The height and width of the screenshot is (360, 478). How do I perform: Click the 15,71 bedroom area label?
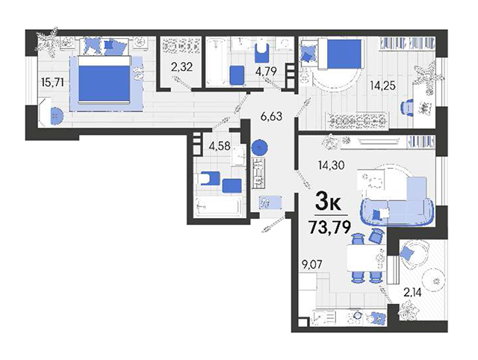pos(52,82)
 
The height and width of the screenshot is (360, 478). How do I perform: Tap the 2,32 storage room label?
pos(182,66)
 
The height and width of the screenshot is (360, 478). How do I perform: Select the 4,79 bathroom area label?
pos(266,71)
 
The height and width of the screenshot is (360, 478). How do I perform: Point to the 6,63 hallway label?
pos(271,116)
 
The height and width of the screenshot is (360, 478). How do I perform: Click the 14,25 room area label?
pos(382,85)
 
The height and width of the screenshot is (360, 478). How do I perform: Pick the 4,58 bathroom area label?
pos(219,146)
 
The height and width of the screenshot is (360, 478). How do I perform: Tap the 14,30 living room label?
pos(331,165)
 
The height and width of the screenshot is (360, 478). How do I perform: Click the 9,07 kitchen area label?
pos(311,263)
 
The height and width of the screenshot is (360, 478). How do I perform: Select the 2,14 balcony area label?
pos(412,293)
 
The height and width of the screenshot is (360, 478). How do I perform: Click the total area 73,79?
pos(329,226)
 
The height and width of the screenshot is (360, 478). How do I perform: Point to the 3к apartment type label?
pos(328,201)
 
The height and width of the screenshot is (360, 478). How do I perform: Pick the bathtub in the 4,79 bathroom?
pos(217,60)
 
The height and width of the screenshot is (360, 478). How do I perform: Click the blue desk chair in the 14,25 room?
pos(406,108)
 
